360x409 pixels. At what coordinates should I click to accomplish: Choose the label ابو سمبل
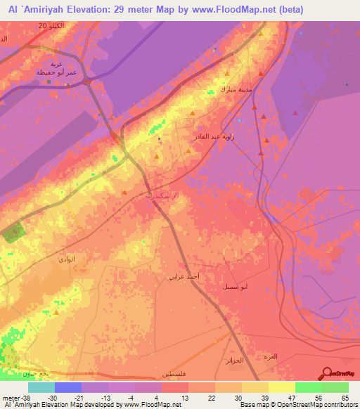(x=254, y=287)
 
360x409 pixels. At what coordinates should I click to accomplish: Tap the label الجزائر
(x=237, y=361)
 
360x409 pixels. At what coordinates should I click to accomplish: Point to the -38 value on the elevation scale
(x=25, y=396)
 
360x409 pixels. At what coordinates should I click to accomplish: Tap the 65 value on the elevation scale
(x=344, y=396)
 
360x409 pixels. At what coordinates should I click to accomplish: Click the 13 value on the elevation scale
(x=184, y=396)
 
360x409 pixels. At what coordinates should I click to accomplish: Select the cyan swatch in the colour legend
(x=41, y=387)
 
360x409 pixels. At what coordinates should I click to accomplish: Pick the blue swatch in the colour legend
(x=68, y=387)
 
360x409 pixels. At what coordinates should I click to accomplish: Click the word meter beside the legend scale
(x=9, y=396)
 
